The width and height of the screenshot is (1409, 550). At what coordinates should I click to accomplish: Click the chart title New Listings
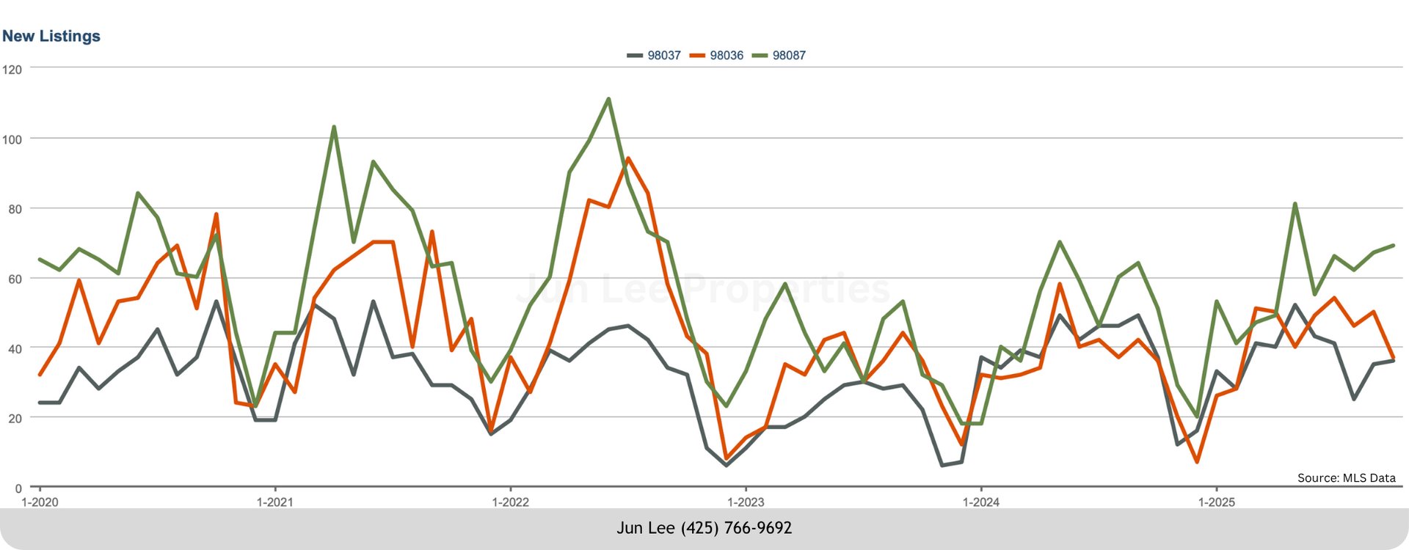51,36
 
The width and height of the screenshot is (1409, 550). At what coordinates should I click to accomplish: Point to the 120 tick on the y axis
12,70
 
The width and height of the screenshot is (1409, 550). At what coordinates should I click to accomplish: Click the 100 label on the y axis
12,139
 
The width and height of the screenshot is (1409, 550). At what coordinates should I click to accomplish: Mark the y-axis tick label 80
15,209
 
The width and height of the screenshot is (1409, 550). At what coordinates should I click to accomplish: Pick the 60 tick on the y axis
15,279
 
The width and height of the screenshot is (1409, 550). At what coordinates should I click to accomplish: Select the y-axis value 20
15,419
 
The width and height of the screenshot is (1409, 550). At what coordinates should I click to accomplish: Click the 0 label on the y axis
18,488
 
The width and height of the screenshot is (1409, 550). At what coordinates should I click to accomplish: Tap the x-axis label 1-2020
40,502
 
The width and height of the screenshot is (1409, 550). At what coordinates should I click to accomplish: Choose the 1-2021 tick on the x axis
275,502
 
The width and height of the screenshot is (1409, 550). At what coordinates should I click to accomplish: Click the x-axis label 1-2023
746,502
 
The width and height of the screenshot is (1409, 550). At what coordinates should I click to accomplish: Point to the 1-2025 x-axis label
1216,502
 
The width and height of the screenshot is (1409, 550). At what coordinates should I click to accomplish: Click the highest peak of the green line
608,99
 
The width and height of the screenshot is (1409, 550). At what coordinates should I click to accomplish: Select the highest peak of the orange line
628,158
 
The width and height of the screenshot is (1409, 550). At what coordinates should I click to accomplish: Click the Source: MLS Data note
1346,478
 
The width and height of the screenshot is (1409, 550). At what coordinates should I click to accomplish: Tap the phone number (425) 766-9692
736,528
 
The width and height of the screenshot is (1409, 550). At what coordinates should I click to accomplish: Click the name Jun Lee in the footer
645,528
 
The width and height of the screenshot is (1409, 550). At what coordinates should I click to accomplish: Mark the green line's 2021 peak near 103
334,127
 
